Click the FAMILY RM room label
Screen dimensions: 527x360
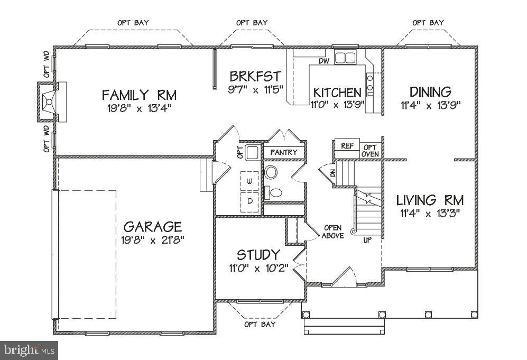pos(139,95)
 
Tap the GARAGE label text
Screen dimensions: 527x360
pos(153,227)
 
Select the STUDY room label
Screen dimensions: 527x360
pos(258,255)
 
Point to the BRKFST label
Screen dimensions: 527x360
pos(255,76)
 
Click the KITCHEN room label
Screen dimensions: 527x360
pos(337,93)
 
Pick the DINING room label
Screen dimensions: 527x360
pos(430,92)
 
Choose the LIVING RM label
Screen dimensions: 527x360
pos(430,200)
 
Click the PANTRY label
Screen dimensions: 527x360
pos(284,152)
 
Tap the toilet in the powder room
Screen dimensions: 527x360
pos(274,192)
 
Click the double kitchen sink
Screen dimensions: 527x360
pos(345,57)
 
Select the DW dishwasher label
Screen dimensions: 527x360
pos(325,61)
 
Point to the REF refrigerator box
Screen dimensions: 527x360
pos(347,146)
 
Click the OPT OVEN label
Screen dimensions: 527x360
pos(370,151)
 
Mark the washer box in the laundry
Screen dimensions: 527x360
pos(249,181)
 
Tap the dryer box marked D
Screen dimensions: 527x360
pos(249,202)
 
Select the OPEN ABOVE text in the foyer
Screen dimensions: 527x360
pos(332,232)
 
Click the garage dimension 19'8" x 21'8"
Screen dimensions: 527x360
pos(153,240)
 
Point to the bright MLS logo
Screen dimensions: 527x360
pos(29,350)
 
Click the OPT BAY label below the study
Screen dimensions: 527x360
pos(260,325)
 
